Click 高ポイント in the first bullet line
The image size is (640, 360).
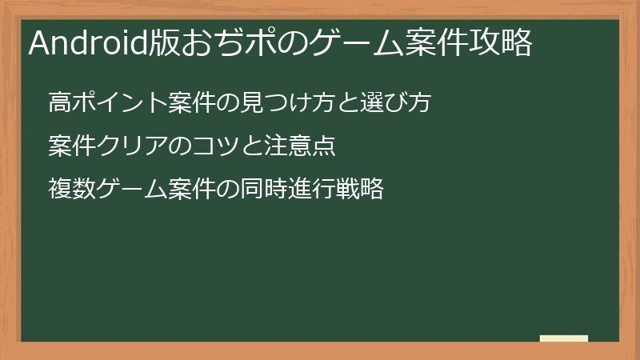(107, 103)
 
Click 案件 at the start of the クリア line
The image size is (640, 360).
(69, 146)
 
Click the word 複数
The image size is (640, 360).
(69, 190)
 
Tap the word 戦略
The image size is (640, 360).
(364, 190)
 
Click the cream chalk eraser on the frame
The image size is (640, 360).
(564, 338)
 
